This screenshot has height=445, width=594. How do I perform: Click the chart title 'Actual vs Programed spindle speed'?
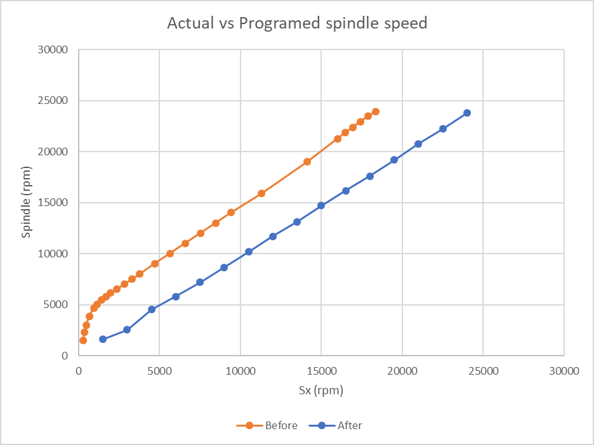[297, 23]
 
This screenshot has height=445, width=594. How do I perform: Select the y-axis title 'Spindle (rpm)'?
[26, 203]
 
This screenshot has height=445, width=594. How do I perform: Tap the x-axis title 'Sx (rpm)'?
[320, 390]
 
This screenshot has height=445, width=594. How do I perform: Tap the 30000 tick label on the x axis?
[564, 371]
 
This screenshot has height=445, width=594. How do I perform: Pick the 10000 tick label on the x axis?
[240, 371]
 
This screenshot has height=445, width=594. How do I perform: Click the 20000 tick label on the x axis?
[402, 371]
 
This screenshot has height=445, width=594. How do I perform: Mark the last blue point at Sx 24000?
[467, 113]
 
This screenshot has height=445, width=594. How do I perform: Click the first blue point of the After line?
[103, 339]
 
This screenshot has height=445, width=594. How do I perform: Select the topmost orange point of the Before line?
[376, 112]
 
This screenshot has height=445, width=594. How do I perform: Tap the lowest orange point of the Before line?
[83, 340]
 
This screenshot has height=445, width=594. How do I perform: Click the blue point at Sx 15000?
[321, 205]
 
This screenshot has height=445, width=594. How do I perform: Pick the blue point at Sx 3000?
[127, 330]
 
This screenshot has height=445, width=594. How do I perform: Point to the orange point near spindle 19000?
[307, 162]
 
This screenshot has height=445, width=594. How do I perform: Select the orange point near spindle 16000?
[261, 193]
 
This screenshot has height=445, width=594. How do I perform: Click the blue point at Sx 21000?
[418, 144]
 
